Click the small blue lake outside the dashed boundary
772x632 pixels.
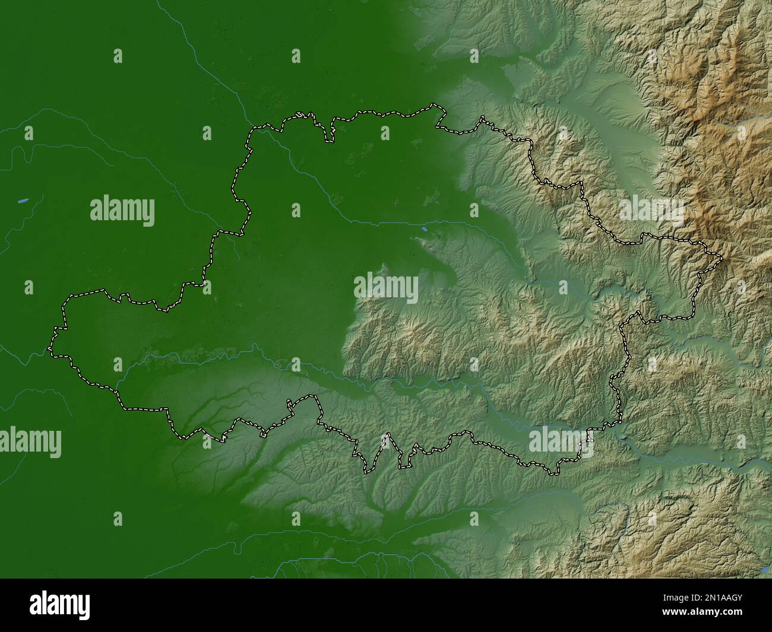(23, 201)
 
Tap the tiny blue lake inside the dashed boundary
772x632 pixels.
(424, 227)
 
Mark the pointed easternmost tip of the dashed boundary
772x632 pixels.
(722, 258)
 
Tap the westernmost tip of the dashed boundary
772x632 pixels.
(49, 349)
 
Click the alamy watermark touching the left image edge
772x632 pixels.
(30, 442)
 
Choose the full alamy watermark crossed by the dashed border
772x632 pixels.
(555, 440)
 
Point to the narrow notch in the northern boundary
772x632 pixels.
(328, 134)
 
